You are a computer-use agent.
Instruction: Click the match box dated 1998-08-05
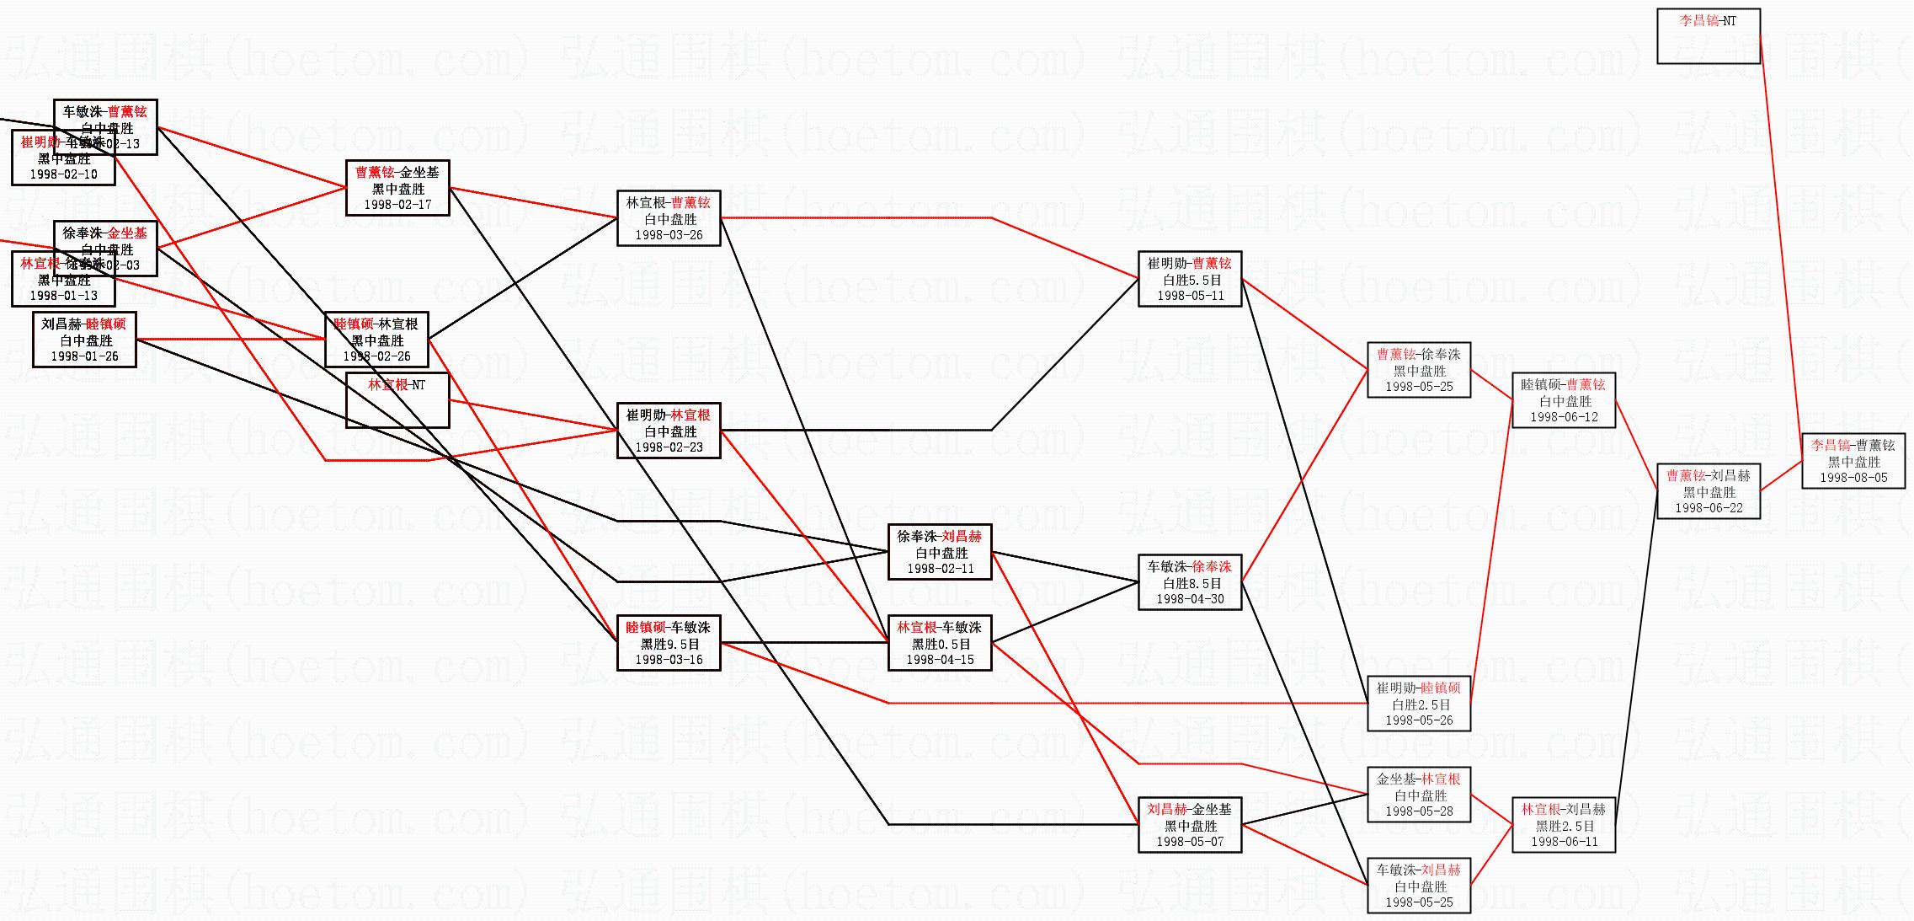coord(1853,461)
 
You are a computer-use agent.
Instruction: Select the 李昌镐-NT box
coord(1709,36)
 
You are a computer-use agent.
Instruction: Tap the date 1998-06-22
coord(1709,508)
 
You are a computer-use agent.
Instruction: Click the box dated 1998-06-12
coord(1564,400)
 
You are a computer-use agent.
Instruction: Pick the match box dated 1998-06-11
coord(1564,825)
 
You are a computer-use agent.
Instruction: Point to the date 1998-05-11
coord(1190,296)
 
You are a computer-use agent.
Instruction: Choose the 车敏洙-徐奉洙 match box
coord(1190,582)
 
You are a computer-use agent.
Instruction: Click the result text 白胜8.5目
coord(1190,583)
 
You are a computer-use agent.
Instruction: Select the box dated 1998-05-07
coord(1190,825)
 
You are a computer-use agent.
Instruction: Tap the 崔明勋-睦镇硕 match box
coord(1419,704)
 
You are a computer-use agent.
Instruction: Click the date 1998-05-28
coord(1419,811)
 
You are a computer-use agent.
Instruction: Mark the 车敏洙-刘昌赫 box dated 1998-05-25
coord(1419,886)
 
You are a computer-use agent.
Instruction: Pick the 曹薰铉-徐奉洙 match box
coord(1419,370)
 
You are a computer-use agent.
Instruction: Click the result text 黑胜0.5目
coord(941,644)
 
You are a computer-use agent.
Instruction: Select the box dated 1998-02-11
coord(940,552)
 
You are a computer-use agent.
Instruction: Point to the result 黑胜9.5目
coord(669,644)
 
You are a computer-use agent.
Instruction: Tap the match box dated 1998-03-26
coord(669,218)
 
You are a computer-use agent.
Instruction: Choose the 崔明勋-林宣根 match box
coord(669,431)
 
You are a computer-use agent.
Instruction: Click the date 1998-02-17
coord(397,205)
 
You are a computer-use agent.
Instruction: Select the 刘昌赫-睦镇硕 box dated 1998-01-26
coord(84,340)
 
